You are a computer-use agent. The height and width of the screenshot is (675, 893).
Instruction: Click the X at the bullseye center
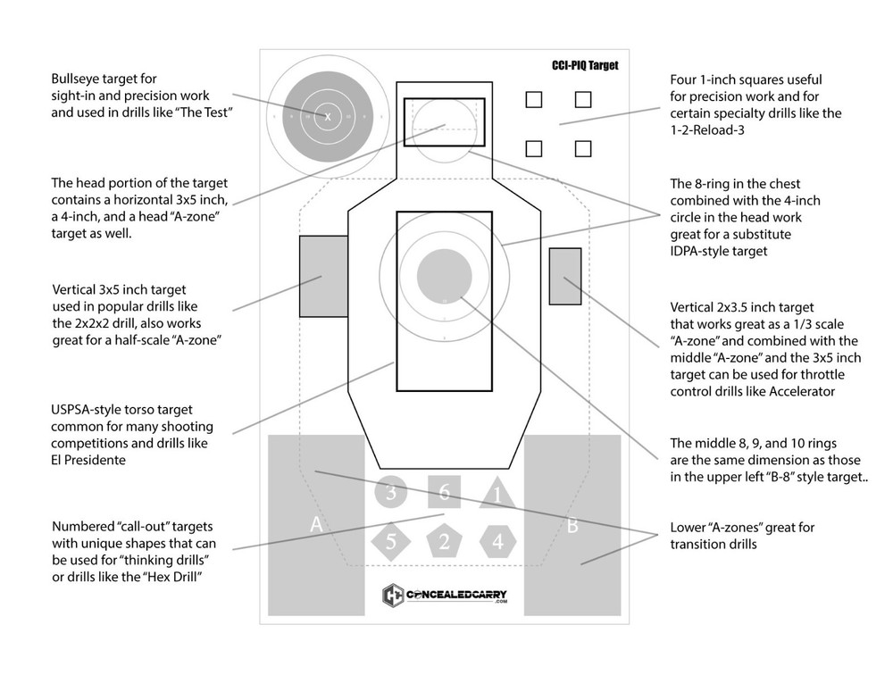(x=328, y=117)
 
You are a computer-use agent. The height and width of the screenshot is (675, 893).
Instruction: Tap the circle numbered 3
(x=390, y=491)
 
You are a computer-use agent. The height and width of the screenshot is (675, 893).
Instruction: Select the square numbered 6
(x=444, y=491)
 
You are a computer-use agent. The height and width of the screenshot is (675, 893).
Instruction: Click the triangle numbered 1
(x=497, y=494)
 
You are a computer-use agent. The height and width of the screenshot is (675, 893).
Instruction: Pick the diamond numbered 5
(x=390, y=540)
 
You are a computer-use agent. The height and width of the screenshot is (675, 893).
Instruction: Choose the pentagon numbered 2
(x=444, y=540)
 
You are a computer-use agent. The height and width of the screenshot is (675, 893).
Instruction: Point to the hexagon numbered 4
(x=497, y=540)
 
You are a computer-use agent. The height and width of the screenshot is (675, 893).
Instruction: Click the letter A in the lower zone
(x=315, y=525)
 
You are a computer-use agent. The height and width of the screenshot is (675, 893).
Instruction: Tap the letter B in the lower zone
(x=572, y=525)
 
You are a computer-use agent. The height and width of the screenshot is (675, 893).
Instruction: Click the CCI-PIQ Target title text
(x=584, y=65)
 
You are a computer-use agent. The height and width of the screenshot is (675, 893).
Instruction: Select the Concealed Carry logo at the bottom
(x=444, y=595)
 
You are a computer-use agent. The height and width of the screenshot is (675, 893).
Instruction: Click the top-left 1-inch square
(x=533, y=100)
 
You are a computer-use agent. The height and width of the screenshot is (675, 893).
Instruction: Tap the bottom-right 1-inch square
(x=583, y=148)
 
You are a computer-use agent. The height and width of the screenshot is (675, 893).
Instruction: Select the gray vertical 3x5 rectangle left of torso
(x=323, y=276)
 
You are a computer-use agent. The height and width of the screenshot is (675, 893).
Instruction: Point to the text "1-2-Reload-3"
(x=710, y=130)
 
